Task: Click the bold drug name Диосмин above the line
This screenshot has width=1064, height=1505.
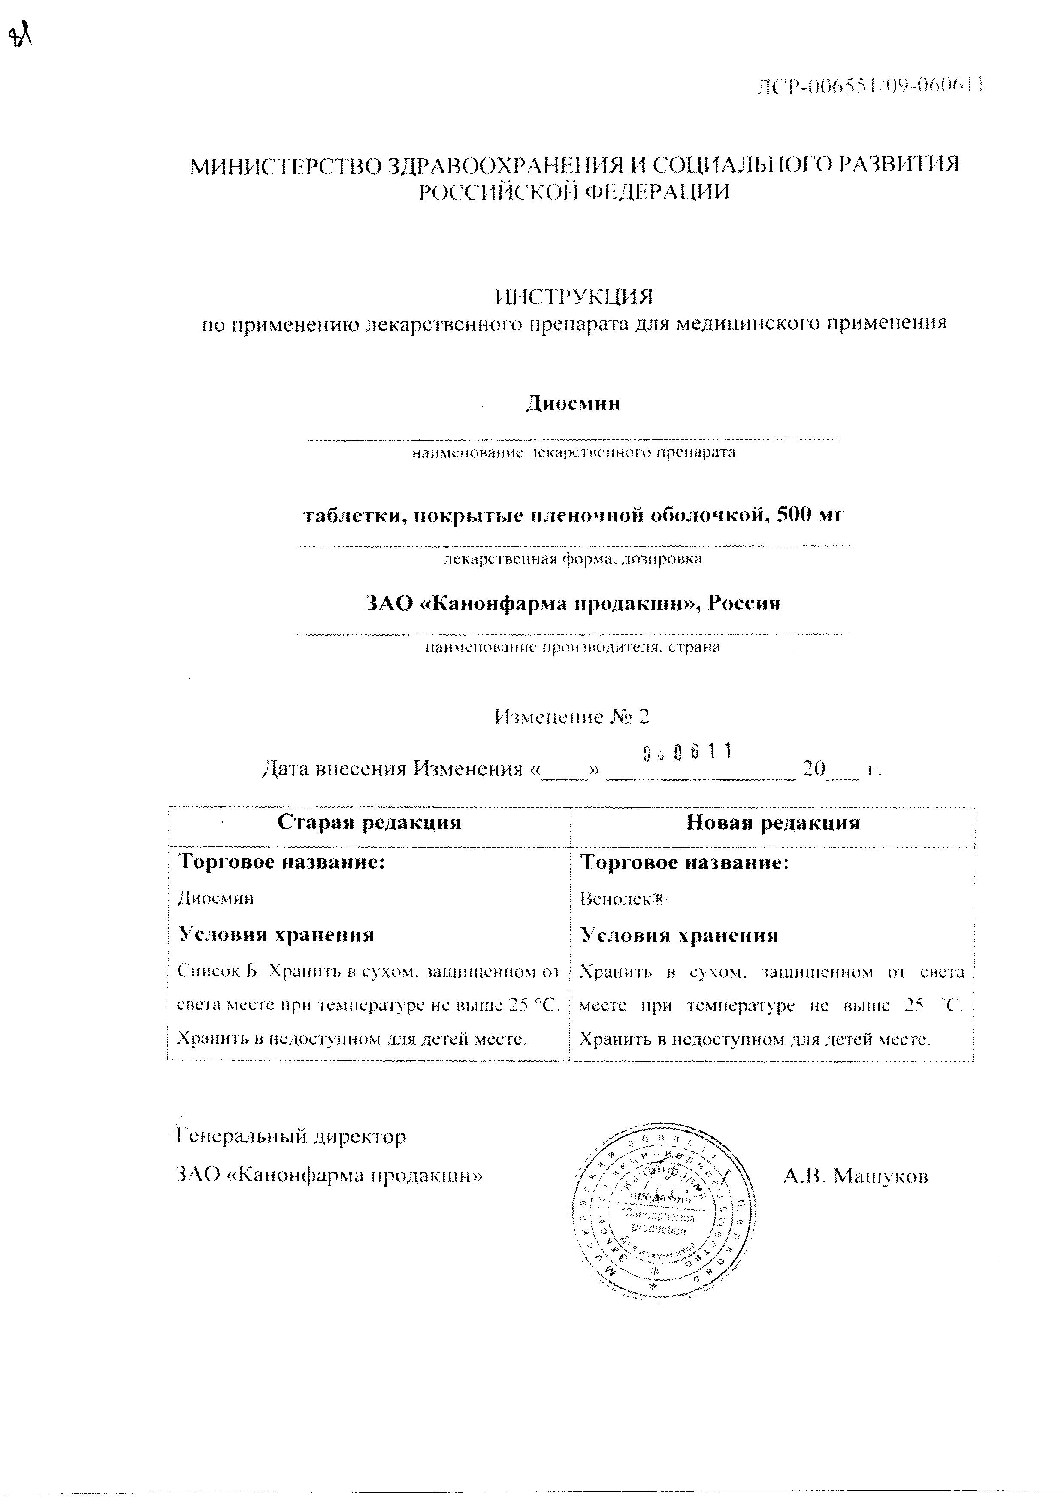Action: tap(573, 403)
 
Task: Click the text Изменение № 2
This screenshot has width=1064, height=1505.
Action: tap(572, 716)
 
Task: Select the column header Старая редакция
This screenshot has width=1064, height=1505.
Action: tap(369, 822)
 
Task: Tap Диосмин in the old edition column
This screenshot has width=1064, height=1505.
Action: tap(215, 898)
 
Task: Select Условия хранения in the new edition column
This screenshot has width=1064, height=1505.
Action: tap(680, 935)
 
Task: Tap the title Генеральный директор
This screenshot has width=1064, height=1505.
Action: tap(292, 1136)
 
